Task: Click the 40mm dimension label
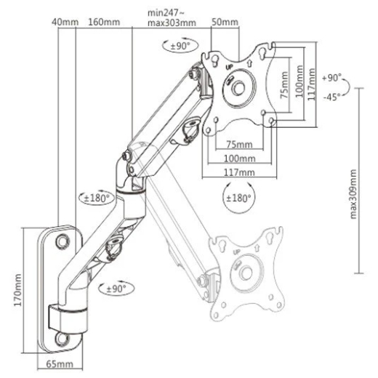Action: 64,22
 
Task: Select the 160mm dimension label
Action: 103,22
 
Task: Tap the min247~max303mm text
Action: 171,17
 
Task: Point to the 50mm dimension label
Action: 225,22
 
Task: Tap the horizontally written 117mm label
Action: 239,172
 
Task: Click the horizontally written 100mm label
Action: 239,158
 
